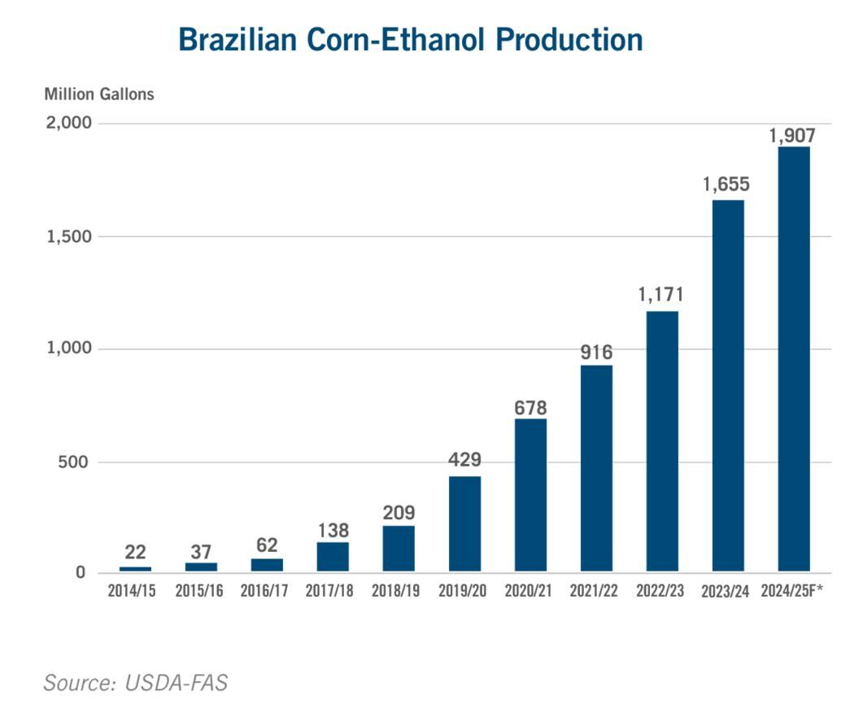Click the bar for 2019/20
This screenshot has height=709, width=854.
pos(464,523)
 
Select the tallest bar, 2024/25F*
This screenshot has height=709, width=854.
pos(794,359)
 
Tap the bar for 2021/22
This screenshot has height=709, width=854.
pos(596,468)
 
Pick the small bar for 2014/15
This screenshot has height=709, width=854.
pos(136,569)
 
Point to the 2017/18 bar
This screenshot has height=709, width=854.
pos(333,557)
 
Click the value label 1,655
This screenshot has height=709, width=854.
pos(726,184)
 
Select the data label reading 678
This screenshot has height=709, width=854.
pos(530,408)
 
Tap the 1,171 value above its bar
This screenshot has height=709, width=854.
pos(660,295)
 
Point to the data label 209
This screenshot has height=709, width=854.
pos(399,512)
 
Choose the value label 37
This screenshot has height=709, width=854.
pos(201,552)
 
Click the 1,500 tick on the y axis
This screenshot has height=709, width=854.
pos(69,237)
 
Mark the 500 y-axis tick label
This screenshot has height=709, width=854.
pos(72,462)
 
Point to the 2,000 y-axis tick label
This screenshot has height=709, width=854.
pos(68,123)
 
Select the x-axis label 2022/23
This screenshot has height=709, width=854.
pos(660,590)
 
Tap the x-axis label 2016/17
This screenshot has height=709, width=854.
pos(264,590)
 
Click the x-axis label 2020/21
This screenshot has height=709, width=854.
pos(528,590)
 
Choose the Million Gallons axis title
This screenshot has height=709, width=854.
pos(99,94)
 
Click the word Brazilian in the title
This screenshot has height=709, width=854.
pos(238,40)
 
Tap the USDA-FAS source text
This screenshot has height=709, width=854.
pos(176,683)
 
